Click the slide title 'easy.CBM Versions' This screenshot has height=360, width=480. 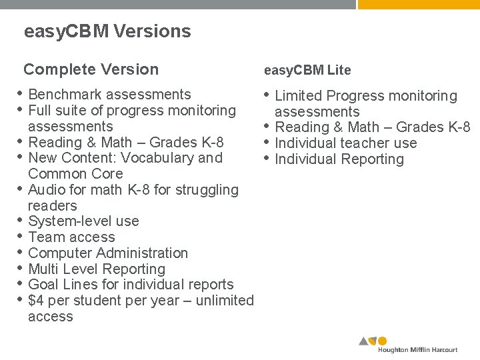107,31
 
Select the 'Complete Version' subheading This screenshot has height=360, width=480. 91,69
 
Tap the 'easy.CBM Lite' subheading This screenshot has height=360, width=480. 307,70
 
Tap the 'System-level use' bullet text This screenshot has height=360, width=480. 84,221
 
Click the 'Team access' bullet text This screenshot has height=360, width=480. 72,237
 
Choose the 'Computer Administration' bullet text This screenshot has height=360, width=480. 109,253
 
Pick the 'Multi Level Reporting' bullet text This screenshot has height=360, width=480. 97,269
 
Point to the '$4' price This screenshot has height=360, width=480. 37,301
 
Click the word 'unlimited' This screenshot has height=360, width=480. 225,301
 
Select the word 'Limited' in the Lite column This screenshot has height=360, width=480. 299,96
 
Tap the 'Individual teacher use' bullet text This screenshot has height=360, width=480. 346,143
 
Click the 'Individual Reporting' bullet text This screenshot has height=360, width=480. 339,159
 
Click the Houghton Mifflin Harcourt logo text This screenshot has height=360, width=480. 417,349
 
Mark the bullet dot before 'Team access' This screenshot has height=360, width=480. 21,236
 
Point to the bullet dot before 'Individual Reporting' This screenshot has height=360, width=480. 267,158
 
